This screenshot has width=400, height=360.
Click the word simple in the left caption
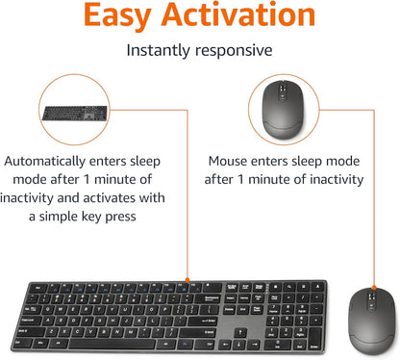[x=74, y=217]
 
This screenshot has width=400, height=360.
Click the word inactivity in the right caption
[x=328, y=180]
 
